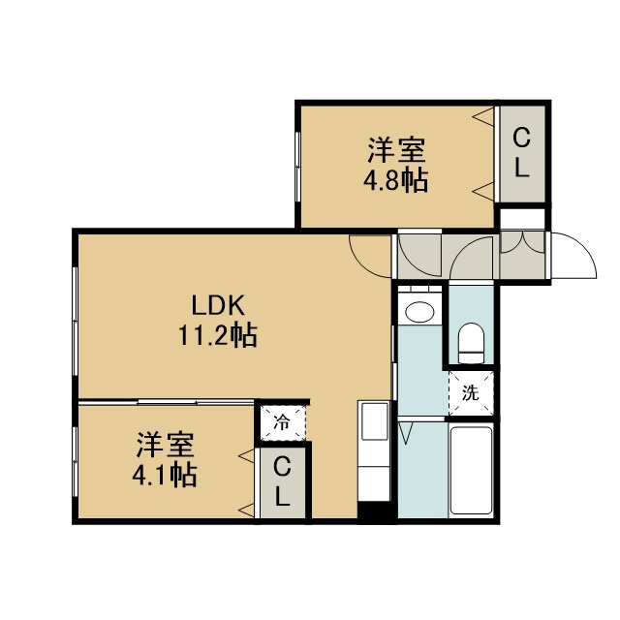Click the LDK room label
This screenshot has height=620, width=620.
click(218, 306)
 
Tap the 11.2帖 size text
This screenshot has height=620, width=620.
click(218, 335)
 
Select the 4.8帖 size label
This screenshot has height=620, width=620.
click(396, 180)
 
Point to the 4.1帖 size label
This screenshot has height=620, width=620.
click(165, 475)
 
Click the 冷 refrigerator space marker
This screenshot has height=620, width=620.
click(283, 423)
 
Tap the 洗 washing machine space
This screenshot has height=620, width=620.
click(471, 393)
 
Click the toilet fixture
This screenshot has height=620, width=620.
click(471, 343)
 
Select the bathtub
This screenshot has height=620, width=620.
click(471, 469)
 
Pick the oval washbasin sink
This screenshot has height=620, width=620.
click(419, 312)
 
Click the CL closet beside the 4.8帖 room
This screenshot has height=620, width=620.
click(522, 155)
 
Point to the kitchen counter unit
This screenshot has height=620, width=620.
click(373, 451)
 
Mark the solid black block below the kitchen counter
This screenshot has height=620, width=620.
click(377, 512)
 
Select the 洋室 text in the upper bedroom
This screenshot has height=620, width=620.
click(396, 150)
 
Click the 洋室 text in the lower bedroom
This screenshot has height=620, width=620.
click(166, 445)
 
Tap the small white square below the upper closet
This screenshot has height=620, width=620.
click(522, 219)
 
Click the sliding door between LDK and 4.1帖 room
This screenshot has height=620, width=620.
click(166, 403)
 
